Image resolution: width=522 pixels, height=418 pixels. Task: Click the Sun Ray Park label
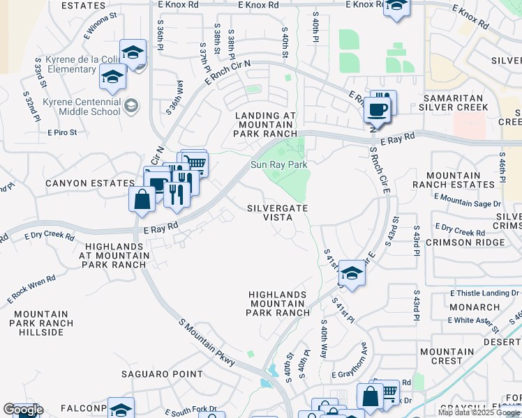[x=279, y=165]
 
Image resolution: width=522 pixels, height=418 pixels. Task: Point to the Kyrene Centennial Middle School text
[x=81, y=107]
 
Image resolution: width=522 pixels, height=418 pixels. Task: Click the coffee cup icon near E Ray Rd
[x=378, y=109]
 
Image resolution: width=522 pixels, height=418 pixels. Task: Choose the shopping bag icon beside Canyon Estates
[x=142, y=199]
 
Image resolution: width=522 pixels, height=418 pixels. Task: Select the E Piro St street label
[x=62, y=132]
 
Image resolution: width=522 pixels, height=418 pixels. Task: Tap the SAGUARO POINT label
[x=163, y=375]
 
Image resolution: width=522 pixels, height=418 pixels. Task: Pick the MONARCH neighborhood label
[x=474, y=307]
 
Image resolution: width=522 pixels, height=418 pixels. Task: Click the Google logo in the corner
[x=23, y=410]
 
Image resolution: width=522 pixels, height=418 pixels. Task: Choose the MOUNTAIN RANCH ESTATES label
[x=453, y=180]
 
